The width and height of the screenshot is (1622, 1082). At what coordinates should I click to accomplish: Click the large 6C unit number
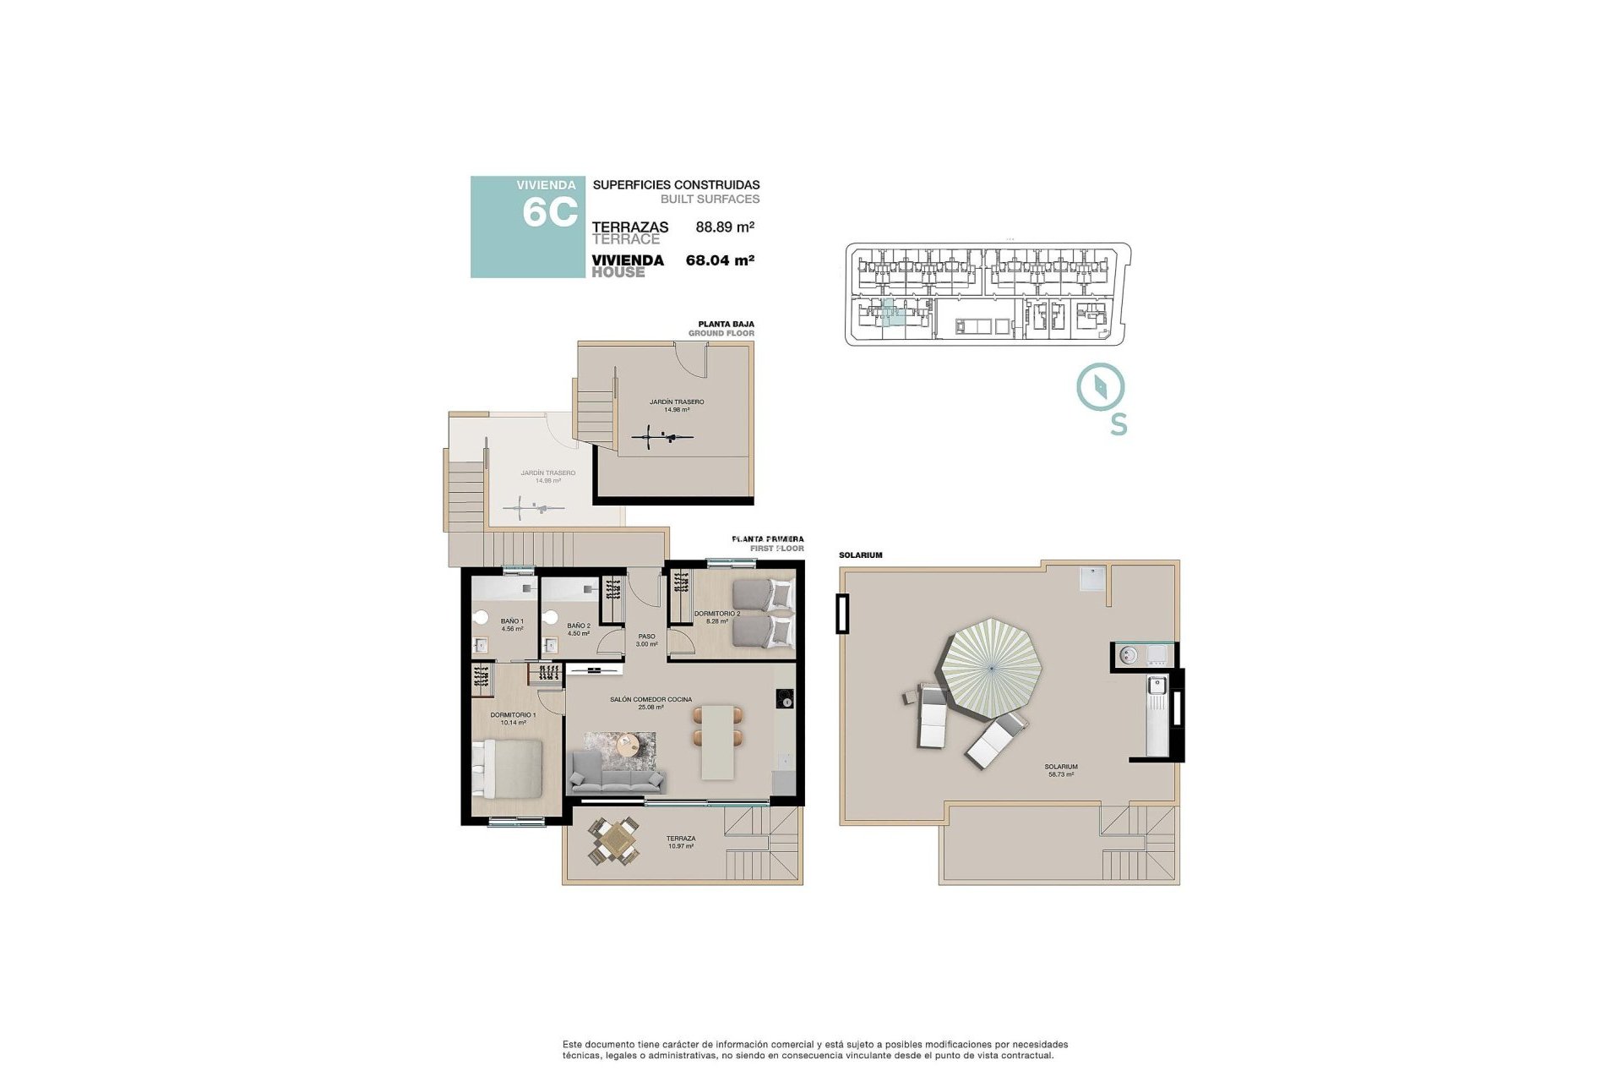pyautogui.click(x=550, y=212)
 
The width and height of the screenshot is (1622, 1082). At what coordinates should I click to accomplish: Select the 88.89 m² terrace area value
pyautogui.click(x=724, y=227)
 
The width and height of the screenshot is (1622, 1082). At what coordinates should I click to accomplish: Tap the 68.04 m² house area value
pyautogui.click(x=720, y=260)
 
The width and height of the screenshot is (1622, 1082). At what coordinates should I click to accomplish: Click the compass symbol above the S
pyautogui.click(x=1100, y=387)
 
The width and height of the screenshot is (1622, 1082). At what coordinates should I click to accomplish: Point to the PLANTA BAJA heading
pyautogui.click(x=726, y=324)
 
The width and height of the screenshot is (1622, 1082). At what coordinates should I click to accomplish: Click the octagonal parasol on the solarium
pyautogui.click(x=989, y=669)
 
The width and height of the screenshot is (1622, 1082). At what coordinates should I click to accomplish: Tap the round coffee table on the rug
pyautogui.click(x=627, y=746)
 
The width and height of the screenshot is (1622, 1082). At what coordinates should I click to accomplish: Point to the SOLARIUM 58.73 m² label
pyautogui.click(x=1062, y=770)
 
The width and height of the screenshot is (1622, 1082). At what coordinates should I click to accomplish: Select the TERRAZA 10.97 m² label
pyautogui.click(x=680, y=842)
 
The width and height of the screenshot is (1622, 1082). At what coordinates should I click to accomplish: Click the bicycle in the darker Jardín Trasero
pyautogui.click(x=662, y=438)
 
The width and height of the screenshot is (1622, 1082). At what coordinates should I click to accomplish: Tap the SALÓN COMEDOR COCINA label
pyautogui.click(x=650, y=702)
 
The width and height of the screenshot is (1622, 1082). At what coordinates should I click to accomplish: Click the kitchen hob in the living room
pyautogui.click(x=785, y=699)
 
